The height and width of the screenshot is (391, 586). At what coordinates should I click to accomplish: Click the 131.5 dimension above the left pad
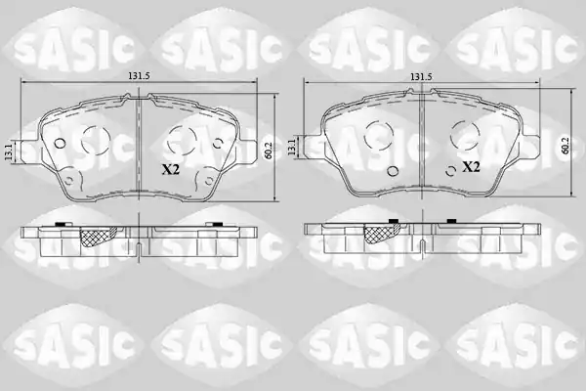coord(139,76)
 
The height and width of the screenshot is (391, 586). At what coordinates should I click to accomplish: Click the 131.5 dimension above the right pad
coord(421,76)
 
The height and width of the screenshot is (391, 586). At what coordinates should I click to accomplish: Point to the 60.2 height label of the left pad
coord(267,151)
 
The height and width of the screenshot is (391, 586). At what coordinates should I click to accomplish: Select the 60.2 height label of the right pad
coord(565,146)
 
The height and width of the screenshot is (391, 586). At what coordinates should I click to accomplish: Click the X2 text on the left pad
coord(171,170)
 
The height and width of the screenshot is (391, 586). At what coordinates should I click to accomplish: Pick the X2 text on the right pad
coord(471,167)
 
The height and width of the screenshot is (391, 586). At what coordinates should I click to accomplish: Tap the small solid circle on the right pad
coord(393,171)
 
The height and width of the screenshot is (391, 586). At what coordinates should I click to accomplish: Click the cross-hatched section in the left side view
coord(98,237)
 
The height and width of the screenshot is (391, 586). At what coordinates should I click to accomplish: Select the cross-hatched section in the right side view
coord(382,234)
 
